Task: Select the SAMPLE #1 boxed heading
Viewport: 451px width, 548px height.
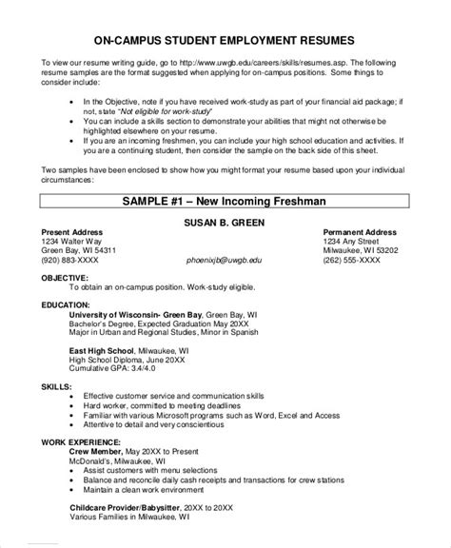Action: [x=225, y=203]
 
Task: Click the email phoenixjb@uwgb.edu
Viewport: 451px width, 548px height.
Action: [x=225, y=259]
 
